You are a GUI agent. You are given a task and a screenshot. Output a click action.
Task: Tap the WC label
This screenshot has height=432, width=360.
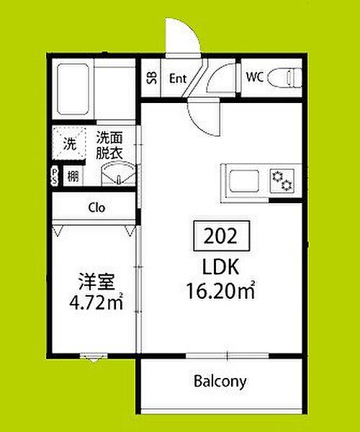point(255,77)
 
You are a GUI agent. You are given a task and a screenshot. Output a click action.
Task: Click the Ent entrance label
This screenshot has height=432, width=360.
point(178,78)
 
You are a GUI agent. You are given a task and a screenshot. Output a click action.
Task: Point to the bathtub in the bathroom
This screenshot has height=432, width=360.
point(73,89)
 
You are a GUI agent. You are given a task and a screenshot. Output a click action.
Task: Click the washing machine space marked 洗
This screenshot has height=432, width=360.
point(69,143)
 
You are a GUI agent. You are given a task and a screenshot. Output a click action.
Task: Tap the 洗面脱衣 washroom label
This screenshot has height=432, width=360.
point(109,146)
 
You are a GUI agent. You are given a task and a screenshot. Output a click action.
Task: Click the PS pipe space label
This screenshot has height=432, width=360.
point(55,176)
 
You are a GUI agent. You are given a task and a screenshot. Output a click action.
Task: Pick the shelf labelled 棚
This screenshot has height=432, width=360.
point(73,176)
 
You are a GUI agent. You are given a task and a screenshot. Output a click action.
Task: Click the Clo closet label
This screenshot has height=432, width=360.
point(96,208)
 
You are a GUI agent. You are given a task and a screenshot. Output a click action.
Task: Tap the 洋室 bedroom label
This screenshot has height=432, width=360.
point(96,282)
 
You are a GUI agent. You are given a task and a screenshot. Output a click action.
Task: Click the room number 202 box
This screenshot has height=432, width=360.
point(222,236)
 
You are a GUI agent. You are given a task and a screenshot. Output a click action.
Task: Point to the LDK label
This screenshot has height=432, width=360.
point(220,267)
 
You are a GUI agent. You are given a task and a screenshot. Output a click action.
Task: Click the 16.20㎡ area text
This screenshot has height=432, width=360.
point(220,290)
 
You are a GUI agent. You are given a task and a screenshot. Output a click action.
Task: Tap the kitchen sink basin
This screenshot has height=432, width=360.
point(244,181)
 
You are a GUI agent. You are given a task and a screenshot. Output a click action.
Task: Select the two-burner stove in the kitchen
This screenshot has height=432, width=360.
point(282,181)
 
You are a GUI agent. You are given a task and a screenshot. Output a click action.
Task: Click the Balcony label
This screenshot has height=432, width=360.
point(220,382)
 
